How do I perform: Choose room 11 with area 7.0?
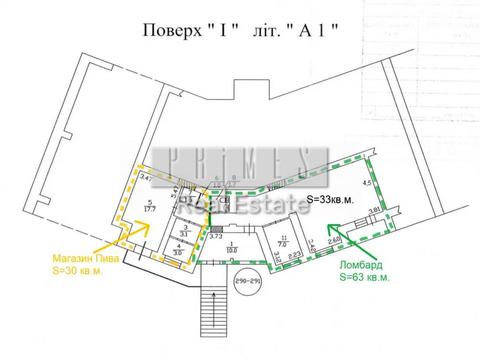coord(282,240)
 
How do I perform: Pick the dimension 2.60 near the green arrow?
coord(336,240)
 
